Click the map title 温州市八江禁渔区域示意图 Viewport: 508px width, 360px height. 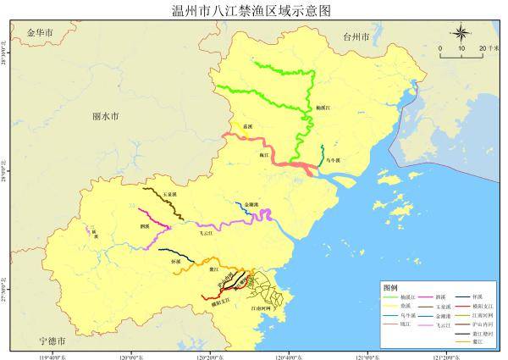pos(255,9)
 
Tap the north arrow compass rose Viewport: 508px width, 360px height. pos(461,33)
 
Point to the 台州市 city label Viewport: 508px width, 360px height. pos(355,38)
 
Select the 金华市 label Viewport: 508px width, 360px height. pos(40,32)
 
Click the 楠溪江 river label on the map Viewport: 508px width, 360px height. pos(323,108)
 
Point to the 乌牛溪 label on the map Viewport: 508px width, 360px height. pos(332,159)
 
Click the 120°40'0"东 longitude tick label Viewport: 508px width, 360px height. pos(289,354)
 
